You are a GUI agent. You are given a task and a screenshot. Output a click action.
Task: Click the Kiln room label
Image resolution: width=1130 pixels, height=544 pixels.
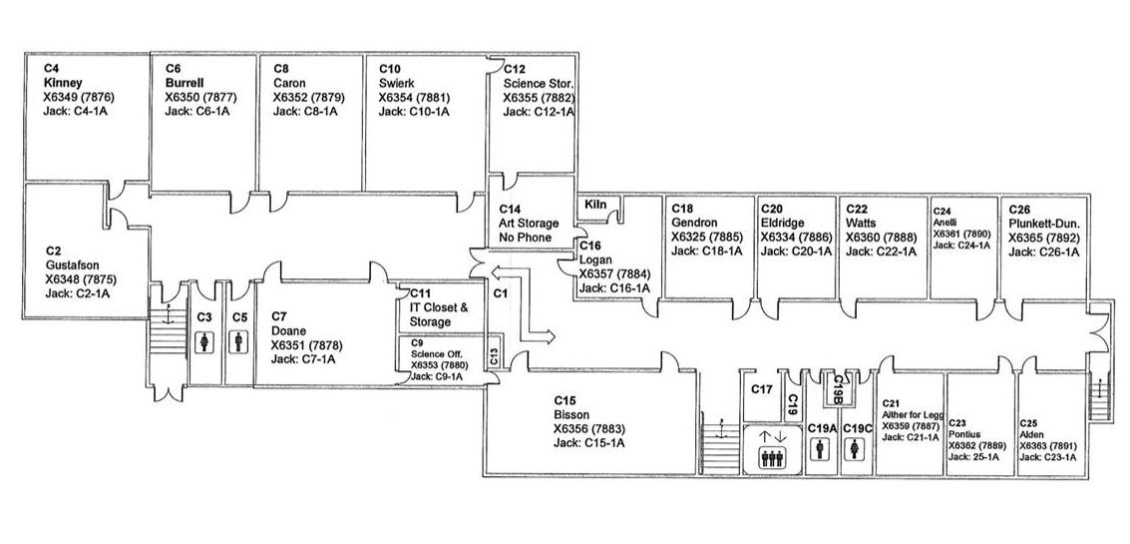tap(595, 205)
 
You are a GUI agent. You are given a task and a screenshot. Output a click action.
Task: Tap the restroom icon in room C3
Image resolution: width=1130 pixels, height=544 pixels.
tap(204, 342)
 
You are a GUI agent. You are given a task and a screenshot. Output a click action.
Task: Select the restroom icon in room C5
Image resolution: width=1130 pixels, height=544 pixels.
tap(239, 342)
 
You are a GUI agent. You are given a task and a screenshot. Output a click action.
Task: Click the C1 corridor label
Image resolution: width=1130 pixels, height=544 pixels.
tap(502, 293)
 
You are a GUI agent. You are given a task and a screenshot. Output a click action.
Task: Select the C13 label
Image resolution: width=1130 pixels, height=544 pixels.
tap(493, 353)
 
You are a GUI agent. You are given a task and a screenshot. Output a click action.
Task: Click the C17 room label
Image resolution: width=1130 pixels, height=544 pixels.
tap(763, 388)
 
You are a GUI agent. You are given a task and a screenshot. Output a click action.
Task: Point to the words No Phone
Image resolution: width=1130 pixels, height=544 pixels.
tap(525, 238)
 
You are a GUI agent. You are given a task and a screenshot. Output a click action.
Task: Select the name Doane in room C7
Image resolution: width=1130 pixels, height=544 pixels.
tap(288, 330)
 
